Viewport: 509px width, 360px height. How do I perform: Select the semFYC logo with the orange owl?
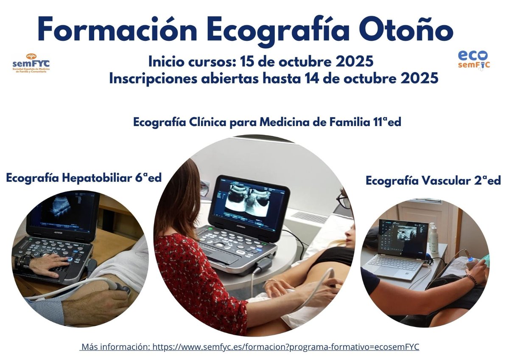[31, 63]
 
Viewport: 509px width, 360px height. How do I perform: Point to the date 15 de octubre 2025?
[307, 62]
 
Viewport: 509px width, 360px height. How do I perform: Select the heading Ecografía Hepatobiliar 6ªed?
[84, 177]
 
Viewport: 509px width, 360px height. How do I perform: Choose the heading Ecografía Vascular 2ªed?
[433, 180]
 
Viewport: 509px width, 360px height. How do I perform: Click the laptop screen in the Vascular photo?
[403, 238]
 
